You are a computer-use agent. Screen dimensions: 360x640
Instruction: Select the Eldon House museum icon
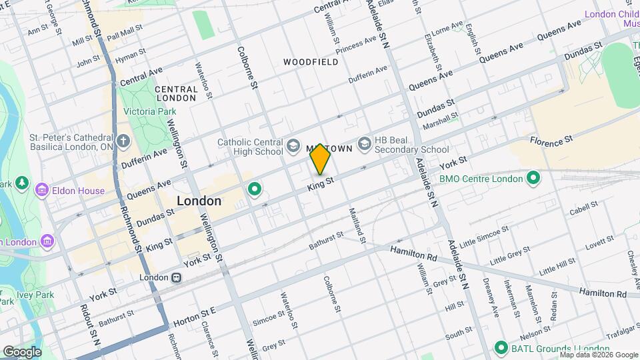click(x=42, y=191)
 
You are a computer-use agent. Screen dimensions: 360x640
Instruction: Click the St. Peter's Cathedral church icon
click(x=123, y=141)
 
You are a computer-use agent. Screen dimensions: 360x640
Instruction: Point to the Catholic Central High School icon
click(x=292, y=145)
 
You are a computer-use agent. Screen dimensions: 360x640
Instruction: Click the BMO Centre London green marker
click(x=533, y=178)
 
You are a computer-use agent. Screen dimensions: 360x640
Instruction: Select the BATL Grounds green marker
click(x=501, y=348)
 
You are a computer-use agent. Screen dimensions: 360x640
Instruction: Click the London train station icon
click(x=176, y=277)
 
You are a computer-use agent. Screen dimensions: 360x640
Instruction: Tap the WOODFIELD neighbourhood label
click(x=311, y=62)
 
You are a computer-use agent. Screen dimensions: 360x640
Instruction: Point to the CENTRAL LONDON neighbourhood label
click(x=175, y=93)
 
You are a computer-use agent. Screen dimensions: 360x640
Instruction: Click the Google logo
click(x=22, y=351)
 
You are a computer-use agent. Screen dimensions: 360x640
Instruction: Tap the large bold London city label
click(x=199, y=201)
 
